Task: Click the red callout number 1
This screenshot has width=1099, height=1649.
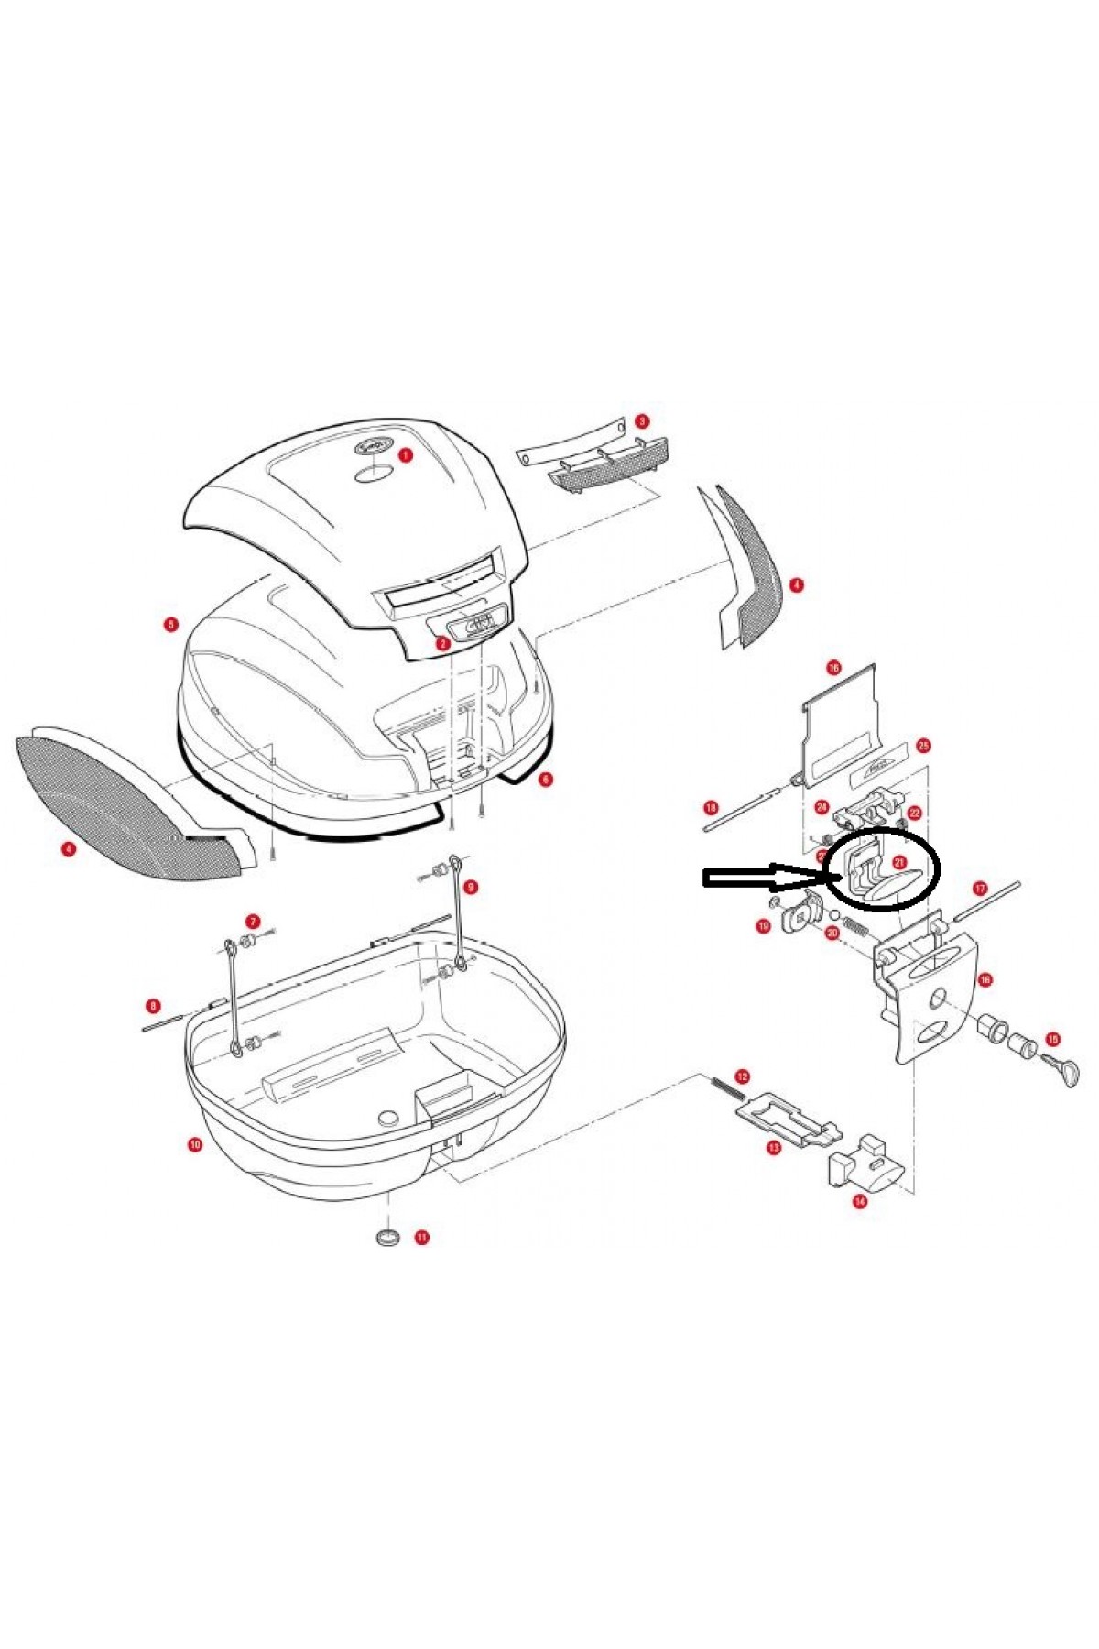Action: coord(406,453)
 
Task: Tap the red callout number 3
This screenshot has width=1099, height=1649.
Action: coord(642,421)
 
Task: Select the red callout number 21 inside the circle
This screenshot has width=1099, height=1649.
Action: coord(899,862)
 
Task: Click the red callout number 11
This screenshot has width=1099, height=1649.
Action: coord(422,1237)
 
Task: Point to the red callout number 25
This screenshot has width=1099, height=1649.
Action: coord(923,746)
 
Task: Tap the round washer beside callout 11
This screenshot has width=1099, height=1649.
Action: coord(388,1237)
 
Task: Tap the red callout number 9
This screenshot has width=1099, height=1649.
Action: coord(471,887)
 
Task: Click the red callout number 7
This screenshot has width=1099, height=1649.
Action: coord(252,921)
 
